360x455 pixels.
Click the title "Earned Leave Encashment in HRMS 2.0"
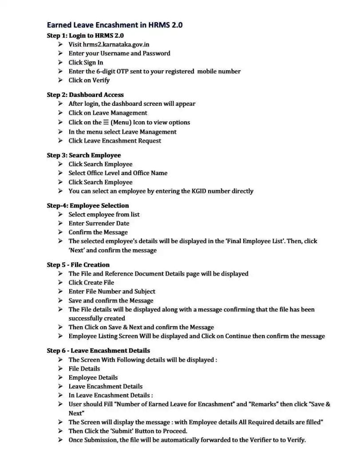click(115, 25)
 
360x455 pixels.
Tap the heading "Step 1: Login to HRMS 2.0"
click(85, 35)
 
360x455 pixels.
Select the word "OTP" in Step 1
click(136, 71)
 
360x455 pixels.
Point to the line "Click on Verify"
click(89, 80)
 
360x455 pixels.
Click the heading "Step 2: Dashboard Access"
click(85, 95)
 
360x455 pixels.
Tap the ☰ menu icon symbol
click(106, 122)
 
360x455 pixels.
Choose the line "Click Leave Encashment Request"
click(115, 141)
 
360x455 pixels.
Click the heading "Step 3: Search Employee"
click(83, 155)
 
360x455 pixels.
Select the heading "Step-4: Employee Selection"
click(88, 205)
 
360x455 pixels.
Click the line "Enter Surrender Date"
click(99, 224)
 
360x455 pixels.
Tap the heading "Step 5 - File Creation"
click(78, 265)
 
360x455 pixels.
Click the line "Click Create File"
click(91, 283)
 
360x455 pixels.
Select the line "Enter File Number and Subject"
click(112, 291)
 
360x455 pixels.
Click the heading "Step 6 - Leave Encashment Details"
click(98, 351)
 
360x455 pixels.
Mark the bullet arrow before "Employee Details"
click(60, 378)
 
